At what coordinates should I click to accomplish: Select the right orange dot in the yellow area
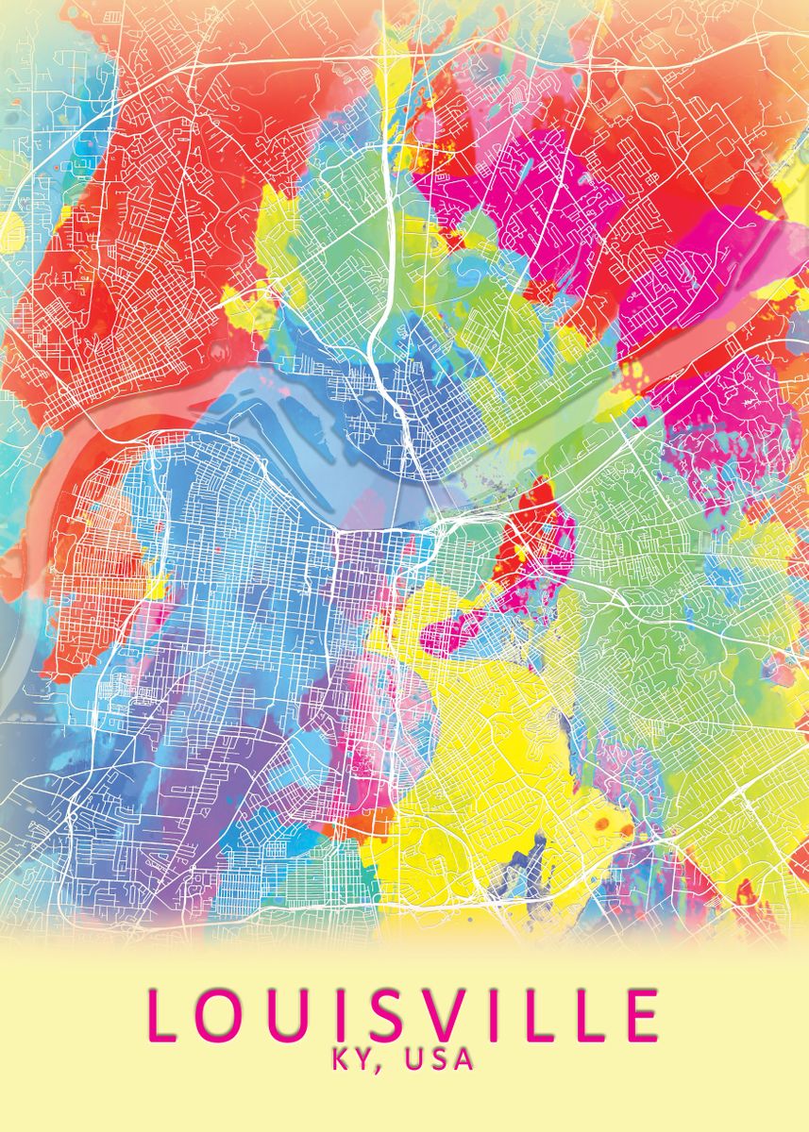pos(626,829)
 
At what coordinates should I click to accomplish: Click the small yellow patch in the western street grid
pos(156,590)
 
